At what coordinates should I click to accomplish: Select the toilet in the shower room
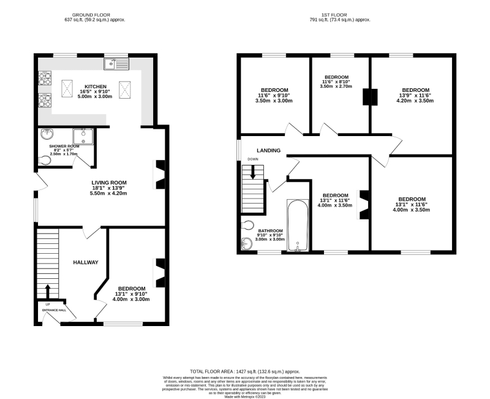coord(45,161)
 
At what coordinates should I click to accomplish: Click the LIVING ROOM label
coord(109,182)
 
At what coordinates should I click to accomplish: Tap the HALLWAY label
coord(86,262)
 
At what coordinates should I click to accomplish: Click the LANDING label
coord(269,150)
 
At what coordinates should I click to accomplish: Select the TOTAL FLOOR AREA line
coord(245,371)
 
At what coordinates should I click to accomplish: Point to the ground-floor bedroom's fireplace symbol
coord(160,271)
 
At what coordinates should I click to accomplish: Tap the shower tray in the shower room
coord(83,136)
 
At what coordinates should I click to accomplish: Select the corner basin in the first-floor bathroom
coord(246,244)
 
